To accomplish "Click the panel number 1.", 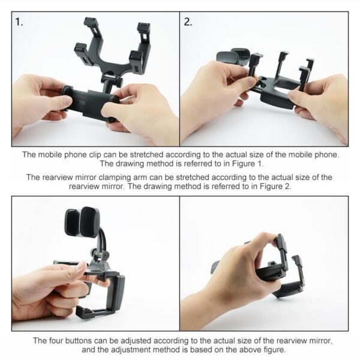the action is click(19, 22).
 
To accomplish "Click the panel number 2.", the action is click(188, 22).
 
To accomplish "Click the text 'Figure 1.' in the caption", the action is click(248, 164).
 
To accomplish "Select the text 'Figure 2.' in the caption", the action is click(275, 186).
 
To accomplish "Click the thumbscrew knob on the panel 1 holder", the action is click(119, 82).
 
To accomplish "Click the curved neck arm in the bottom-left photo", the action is click(101, 244).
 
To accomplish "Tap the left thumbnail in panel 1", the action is click(66, 100).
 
